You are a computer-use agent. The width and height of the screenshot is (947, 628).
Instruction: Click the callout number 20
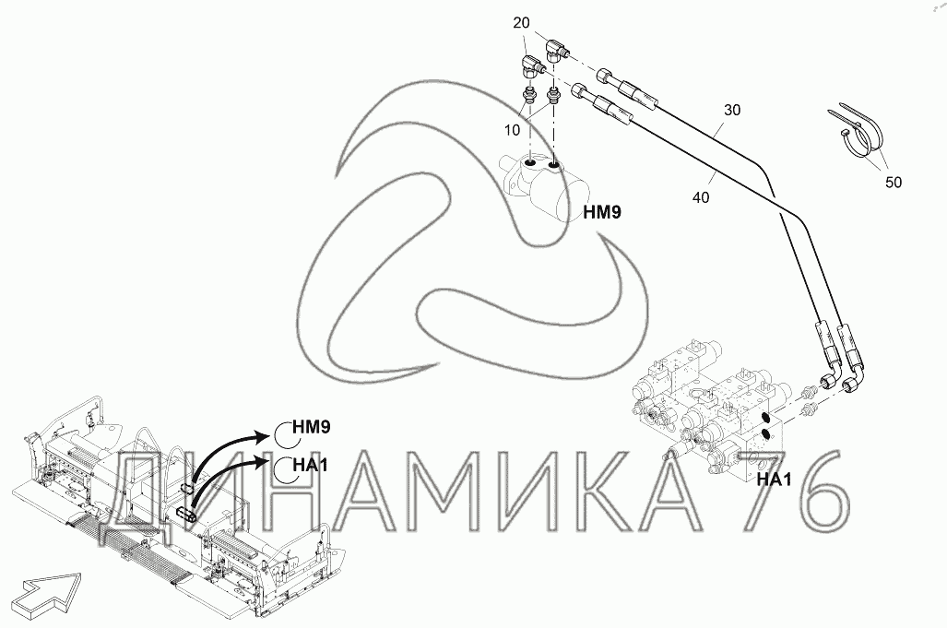(521, 24)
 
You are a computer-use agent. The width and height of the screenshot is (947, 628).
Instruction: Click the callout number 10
(512, 130)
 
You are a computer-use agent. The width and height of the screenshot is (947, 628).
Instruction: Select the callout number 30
(732, 110)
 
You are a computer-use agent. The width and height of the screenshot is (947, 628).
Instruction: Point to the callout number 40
(701, 197)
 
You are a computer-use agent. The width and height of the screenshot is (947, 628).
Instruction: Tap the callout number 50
(894, 183)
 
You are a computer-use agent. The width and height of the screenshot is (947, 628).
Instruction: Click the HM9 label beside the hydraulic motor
(602, 212)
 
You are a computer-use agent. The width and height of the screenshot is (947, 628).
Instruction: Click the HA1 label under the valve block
(774, 480)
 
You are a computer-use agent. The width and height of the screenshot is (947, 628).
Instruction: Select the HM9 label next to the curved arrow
(311, 428)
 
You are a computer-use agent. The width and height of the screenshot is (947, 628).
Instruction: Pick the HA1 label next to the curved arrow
(310, 465)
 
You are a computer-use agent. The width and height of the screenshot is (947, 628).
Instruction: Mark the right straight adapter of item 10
(553, 95)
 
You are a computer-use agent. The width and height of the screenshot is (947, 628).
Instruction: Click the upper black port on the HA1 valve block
(766, 419)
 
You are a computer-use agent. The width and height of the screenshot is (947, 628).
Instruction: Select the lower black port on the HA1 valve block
(766, 433)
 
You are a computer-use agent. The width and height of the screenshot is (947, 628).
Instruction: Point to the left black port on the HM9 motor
(529, 163)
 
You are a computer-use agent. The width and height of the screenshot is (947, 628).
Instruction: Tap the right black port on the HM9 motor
(553, 163)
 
